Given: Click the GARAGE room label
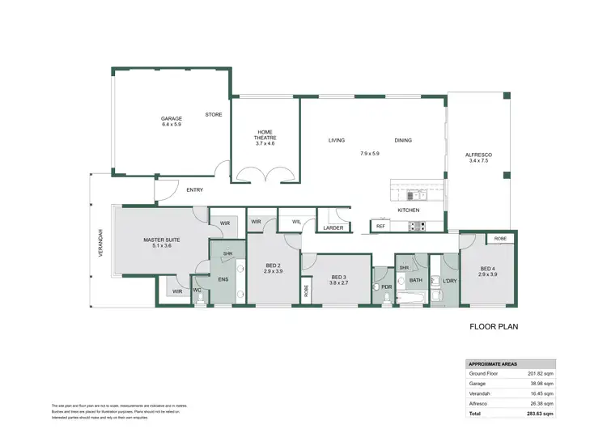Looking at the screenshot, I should click(x=172, y=119).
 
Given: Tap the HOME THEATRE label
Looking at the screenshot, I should click(x=265, y=132).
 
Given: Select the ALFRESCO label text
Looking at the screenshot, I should click(x=479, y=155).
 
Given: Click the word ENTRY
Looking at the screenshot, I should click(x=194, y=190).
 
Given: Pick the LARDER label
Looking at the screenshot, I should click(x=333, y=228).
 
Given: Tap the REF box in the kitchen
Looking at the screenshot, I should click(x=380, y=227).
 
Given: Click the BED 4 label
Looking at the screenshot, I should click(x=487, y=269).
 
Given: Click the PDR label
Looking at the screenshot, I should click(x=386, y=287).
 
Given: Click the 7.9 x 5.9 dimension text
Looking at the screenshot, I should click(x=370, y=153).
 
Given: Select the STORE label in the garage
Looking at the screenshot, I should click(x=213, y=115).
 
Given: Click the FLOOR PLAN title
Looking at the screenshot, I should click(x=495, y=329).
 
